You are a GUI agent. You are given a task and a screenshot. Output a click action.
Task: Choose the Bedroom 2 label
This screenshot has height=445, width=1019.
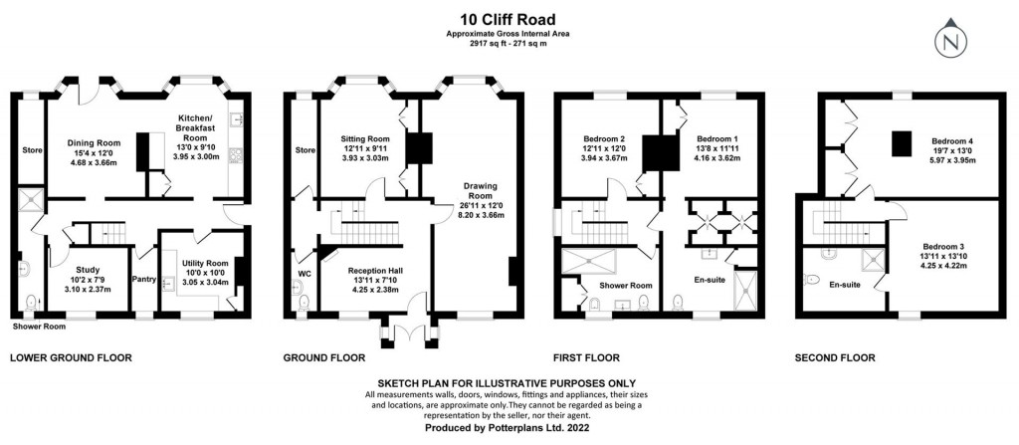[x=606, y=138]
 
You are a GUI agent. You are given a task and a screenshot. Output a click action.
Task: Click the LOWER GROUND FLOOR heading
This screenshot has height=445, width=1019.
[x=70, y=357]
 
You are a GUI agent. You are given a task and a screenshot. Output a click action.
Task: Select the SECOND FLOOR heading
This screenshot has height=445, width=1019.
[x=835, y=357]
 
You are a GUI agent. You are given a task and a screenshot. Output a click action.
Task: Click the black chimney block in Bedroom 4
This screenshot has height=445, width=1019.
[x=901, y=145]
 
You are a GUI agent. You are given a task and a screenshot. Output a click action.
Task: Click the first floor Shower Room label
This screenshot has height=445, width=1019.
[x=626, y=285]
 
